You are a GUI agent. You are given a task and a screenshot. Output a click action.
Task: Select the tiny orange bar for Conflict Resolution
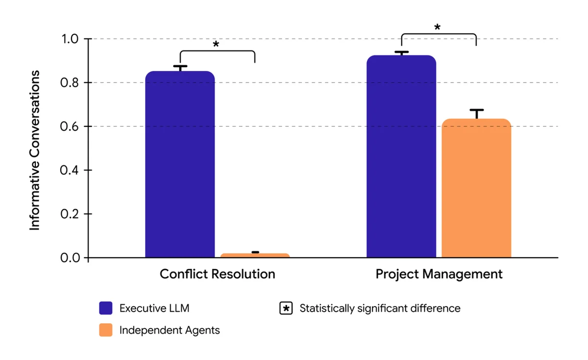coord(255,255)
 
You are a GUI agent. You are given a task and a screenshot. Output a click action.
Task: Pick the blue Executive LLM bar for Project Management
coord(401,156)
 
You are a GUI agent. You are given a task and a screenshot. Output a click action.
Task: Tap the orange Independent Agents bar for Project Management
coord(476,188)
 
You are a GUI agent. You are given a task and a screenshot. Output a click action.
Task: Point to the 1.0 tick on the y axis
coord(71,39)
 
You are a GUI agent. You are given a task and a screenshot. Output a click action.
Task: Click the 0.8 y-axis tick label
coord(71,82)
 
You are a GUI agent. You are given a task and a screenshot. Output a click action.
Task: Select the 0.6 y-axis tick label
coord(71,126)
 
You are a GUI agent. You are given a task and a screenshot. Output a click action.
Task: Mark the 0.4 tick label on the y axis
coord(71,170)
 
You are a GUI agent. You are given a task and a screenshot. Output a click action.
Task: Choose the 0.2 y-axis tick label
coord(71,214)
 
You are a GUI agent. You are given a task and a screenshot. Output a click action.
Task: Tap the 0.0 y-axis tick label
coord(71,258)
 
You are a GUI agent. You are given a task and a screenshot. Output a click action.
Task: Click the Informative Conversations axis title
coord(35,150)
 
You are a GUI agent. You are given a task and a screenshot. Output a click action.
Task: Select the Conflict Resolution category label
coord(217,274)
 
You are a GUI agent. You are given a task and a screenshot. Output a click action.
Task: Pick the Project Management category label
coord(439,274)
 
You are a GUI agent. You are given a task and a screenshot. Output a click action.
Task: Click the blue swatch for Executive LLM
coord(106,308)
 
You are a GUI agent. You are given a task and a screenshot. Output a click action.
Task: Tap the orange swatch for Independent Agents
coord(106,330)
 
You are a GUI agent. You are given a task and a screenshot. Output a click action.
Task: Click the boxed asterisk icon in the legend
coord(286,309)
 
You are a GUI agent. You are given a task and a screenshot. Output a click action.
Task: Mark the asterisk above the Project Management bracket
coord(437,27)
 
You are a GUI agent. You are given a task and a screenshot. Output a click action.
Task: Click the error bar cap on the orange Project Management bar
coord(476,110)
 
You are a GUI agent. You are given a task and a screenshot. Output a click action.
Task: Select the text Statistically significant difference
coord(380,309)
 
